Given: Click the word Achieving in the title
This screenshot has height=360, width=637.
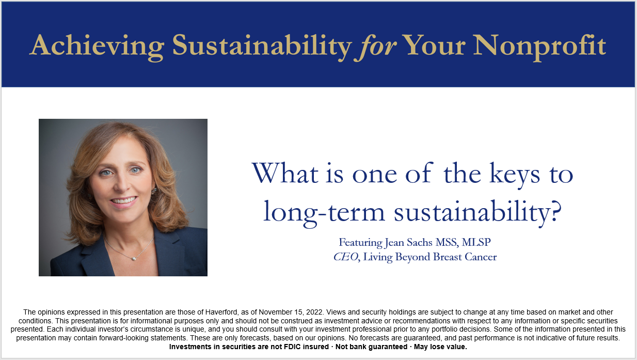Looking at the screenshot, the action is (97, 46).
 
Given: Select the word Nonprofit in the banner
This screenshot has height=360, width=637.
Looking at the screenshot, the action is (539, 46).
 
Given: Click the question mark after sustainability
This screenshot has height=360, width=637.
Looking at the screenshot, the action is (555, 211).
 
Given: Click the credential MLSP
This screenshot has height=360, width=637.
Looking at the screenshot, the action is (476, 242).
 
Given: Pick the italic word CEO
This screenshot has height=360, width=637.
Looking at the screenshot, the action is (345, 257).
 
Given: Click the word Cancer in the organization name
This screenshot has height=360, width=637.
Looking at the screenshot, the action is (481, 257).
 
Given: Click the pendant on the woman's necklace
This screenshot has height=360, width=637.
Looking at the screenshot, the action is (134, 258).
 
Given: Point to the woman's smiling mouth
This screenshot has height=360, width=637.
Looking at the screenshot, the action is (124, 201).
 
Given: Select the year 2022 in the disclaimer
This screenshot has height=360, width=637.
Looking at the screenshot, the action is (314, 312).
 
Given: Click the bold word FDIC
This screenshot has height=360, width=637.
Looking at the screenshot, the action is (292, 347).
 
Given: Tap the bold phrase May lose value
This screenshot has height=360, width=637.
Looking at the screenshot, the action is (440, 347).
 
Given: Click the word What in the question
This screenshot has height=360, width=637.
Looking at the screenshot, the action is (285, 173).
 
